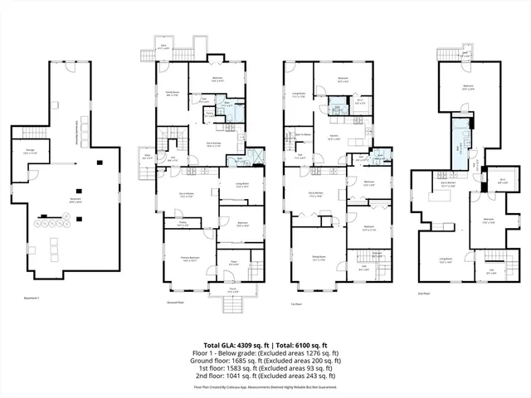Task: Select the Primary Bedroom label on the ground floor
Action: click(191, 260)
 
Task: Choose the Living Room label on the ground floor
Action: click(242, 186)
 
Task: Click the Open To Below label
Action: click(303, 134)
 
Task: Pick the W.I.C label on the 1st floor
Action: click(359, 101)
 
